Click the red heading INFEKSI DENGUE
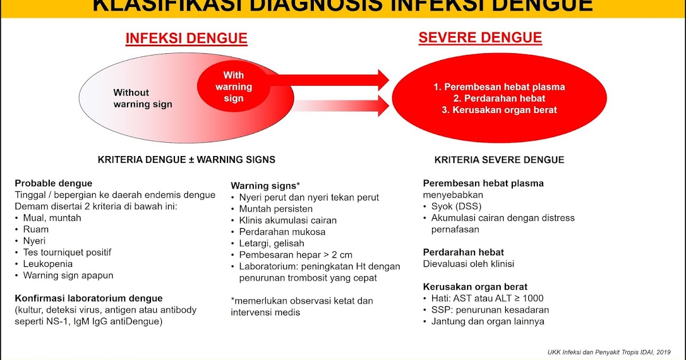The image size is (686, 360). point(186,39)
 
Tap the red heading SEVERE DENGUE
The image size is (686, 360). point(480,38)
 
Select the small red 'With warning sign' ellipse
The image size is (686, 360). point(233,87)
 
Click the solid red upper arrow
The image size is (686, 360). point(332,77)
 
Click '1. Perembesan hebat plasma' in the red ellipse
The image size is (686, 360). point(499,87)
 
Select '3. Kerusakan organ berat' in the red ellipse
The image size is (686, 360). point(499,110)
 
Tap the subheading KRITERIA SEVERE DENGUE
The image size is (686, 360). point(499,160)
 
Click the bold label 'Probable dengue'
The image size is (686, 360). point(53,183)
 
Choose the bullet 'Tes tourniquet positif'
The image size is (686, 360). point(67,252)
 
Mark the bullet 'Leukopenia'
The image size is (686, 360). point(47,264)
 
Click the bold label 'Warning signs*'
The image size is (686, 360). point(265,186)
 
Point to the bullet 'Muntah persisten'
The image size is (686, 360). point(276,209)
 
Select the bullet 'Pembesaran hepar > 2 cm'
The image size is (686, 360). point(296,255)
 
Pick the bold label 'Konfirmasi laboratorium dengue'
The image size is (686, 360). point(89,298)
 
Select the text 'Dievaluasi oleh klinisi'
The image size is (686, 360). point(468,264)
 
